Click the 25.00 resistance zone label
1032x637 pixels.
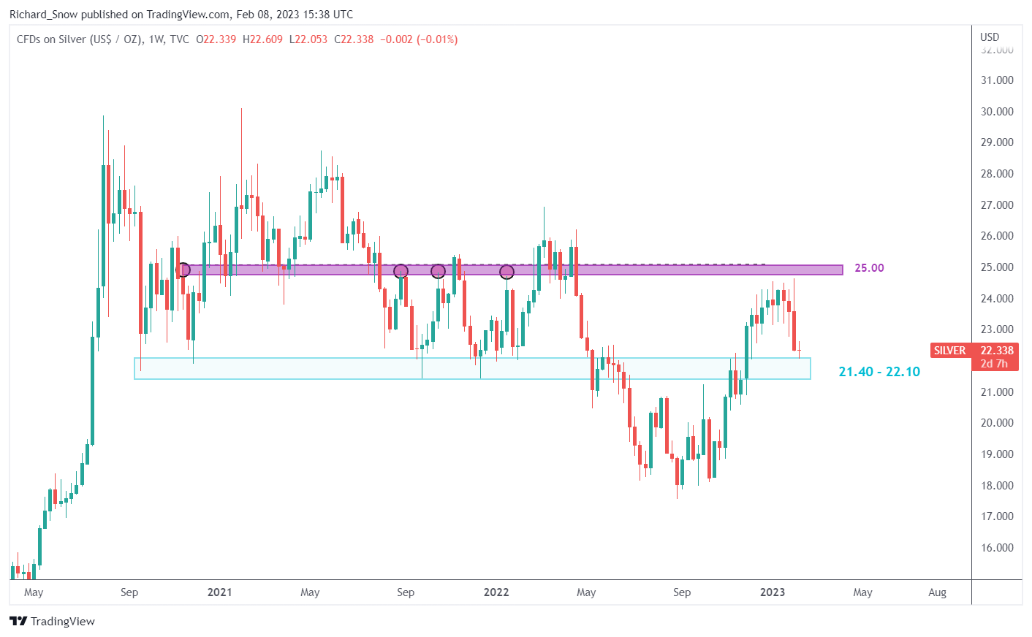coord(869,268)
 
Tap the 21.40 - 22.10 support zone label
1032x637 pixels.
coord(879,372)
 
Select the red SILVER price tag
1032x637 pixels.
coord(949,351)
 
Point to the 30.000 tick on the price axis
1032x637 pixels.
coord(997,112)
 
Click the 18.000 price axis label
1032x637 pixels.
coord(997,486)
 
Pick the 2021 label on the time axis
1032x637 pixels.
coord(219,592)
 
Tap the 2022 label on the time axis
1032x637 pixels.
coord(496,592)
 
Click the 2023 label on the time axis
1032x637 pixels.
coord(773,592)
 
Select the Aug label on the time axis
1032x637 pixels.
coord(937,592)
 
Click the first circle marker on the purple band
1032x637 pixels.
coord(183,270)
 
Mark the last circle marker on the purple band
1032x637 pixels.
coord(506,272)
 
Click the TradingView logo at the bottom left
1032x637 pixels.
coord(53,622)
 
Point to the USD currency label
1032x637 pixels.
coord(990,37)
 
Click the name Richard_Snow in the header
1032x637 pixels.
coord(43,15)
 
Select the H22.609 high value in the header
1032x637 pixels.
coord(262,39)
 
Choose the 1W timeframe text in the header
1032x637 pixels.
coord(156,39)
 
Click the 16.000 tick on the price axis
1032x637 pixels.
coord(997,548)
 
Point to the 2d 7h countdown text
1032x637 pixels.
coord(994,364)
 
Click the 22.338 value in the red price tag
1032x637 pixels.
coord(997,351)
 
